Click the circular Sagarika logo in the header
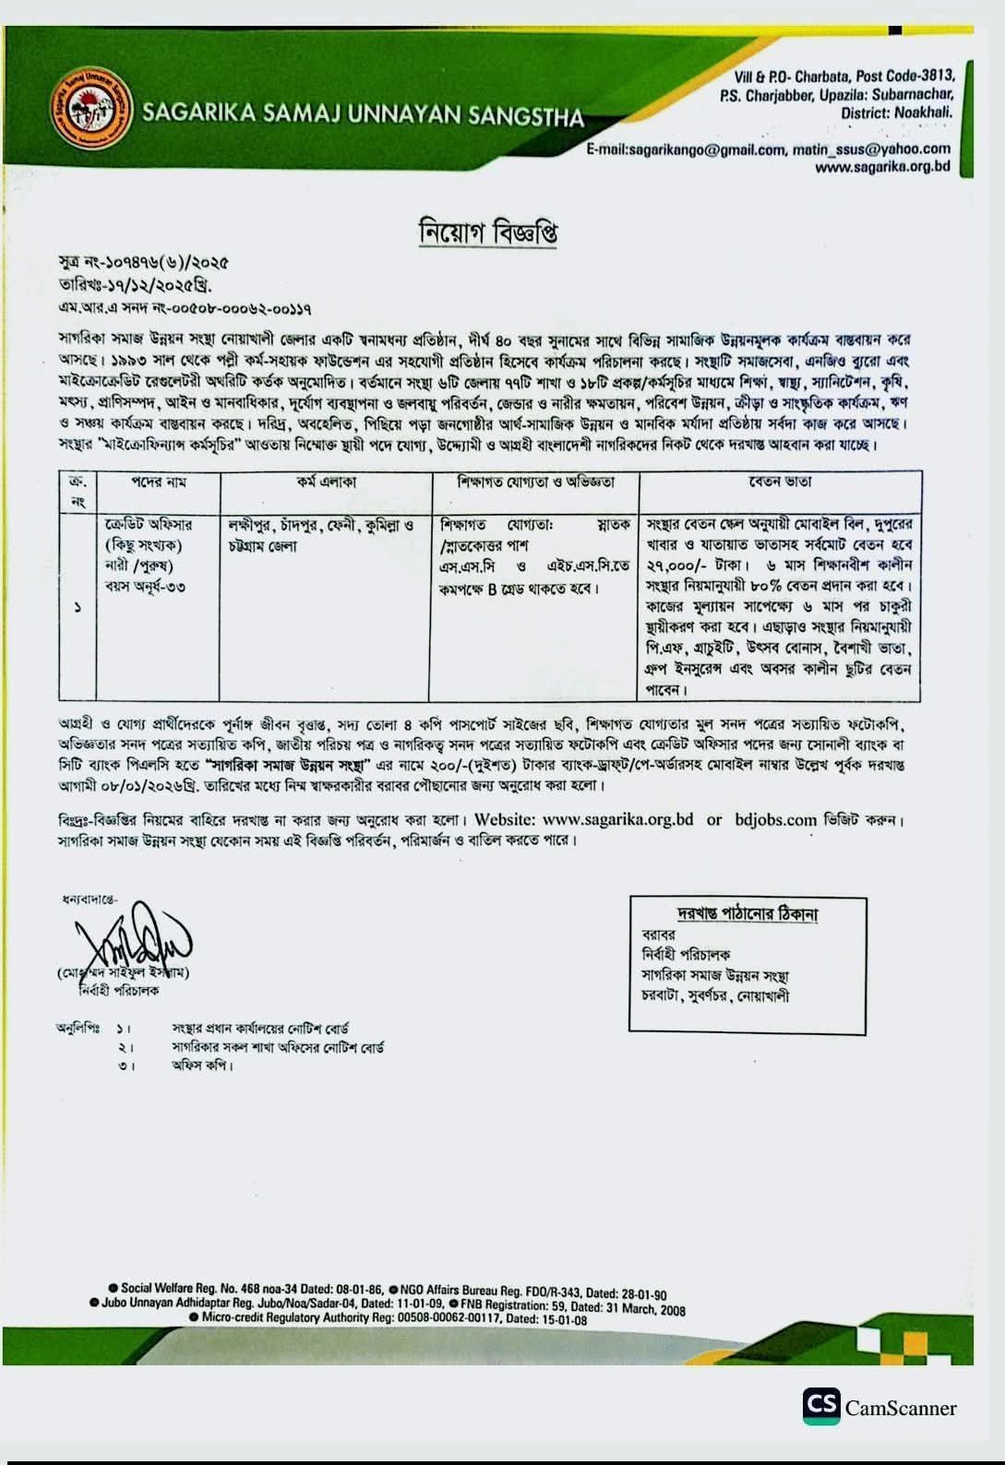[91, 109]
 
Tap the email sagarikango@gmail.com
[687, 149]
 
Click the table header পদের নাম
[158, 482]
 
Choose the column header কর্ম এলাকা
[326, 482]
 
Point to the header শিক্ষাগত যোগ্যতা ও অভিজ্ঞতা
[535, 482]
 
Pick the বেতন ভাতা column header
[780, 482]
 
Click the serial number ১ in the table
[78, 607]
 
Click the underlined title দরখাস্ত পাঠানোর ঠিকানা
[748, 913]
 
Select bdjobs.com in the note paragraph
[776, 819]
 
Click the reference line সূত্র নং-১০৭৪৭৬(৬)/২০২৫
[143, 264]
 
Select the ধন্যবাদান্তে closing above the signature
[90, 899]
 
